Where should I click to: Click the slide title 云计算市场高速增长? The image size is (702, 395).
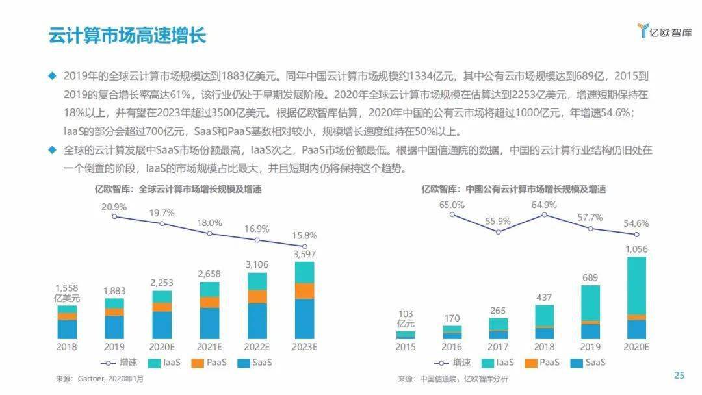(127, 35)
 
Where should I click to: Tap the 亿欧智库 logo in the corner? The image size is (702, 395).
(664, 31)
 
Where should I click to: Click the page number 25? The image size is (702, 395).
(679, 375)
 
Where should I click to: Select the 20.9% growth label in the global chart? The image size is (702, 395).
(114, 206)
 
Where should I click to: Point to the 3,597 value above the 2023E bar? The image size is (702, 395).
(304, 253)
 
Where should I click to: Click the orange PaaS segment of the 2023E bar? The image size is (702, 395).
(304, 291)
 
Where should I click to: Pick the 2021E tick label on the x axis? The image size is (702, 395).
(209, 346)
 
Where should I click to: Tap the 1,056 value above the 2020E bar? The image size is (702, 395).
(636, 249)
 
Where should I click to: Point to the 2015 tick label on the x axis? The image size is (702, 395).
(406, 346)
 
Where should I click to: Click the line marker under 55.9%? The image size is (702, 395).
(499, 231)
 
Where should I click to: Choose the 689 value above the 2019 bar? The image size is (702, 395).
(590, 277)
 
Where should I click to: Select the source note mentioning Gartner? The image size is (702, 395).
(97, 378)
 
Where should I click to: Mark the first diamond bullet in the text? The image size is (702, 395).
(53, 75)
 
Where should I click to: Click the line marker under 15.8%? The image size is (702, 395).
(304, 246)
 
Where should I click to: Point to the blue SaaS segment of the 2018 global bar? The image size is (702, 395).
(67, 329)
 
